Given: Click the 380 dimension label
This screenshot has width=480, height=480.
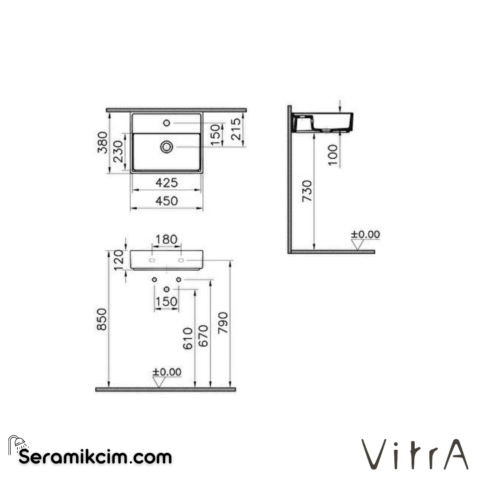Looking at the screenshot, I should [x=103, y=142].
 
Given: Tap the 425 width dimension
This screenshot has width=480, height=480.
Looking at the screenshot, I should [x=166, y=183].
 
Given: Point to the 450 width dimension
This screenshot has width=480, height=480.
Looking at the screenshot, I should [x=166, y=201].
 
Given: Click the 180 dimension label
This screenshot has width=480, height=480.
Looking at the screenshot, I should [x=166, y=240].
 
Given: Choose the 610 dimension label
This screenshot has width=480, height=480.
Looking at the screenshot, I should [x=188, y=338].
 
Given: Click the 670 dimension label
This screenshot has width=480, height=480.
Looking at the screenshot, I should [x=203, y=336].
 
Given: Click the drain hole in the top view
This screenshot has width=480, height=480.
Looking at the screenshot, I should [x=167, y=147].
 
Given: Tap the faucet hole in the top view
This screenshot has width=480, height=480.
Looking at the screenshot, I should [x=167, y=122].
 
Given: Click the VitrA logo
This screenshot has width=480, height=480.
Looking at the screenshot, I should [x=415, y=454].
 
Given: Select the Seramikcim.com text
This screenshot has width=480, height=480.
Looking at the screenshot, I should [x=95, y=456].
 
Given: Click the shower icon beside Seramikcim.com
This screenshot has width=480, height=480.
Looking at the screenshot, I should [x=18, y=444].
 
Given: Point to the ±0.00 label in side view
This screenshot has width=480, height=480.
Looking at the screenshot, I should [x=365, y=234].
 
